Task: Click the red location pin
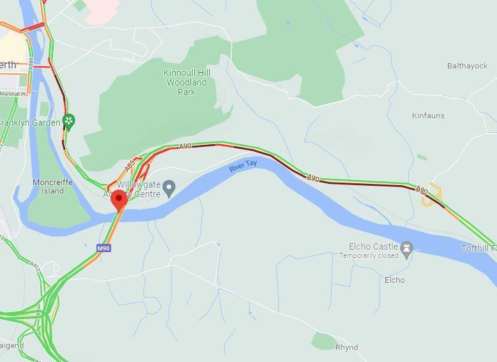point(118,199)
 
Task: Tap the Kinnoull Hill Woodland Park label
point(187,82)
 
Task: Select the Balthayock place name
point(467,66)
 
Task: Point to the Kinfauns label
point(428,116)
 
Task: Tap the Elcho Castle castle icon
point(407,247)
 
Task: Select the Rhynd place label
point(346,347)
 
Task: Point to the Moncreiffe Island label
point(52,186)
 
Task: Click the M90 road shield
point(103,248)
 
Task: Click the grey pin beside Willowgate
point(169,188)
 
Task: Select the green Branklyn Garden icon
point(70,121)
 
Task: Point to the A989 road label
point(31,64)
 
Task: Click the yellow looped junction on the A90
point(432,195)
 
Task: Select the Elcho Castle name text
point(374,246)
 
